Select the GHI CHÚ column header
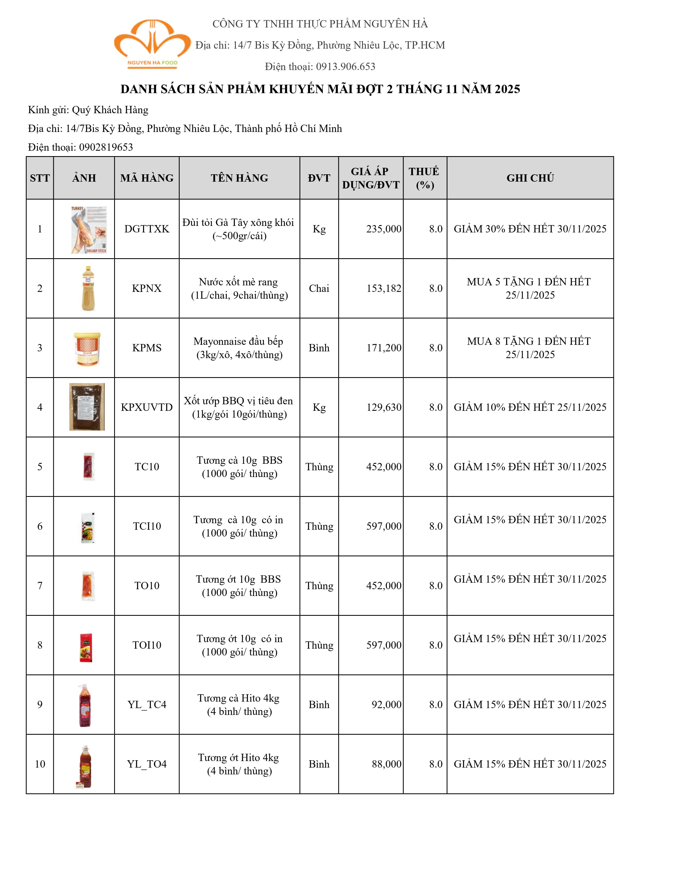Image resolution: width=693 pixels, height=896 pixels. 530,178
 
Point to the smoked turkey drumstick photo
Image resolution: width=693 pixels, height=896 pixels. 89,230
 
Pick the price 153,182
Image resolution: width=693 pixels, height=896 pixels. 383,288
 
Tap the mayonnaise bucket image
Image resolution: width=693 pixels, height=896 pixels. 87,349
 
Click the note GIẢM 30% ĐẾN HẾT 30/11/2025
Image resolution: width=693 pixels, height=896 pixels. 530,229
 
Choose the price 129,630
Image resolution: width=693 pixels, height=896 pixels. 383,407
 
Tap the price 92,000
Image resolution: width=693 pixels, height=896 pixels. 386,705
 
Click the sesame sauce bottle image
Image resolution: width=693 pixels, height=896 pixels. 88,288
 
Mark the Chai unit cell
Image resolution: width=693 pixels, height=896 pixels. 319,288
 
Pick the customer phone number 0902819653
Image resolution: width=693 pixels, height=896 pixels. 106,147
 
